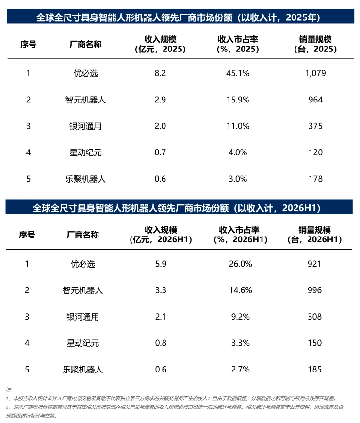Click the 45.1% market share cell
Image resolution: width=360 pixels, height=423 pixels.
pos(238,73)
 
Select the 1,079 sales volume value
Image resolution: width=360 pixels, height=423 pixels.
pos(315,73)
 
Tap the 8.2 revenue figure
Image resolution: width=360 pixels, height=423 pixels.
pos(160,73)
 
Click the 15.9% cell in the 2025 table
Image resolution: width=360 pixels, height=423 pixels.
pos(238,100)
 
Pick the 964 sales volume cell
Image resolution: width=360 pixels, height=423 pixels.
pos(315,100)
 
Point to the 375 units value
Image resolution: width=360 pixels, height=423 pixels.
pos(315,126)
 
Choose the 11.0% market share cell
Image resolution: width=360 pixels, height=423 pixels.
pos(238,126)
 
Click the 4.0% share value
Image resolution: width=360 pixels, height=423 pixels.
pos(238,152)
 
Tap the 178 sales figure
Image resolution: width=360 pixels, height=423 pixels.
pos(315,179)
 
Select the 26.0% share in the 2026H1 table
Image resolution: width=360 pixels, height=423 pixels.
pos(240,264)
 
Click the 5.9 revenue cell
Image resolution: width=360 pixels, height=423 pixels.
pos(161,264)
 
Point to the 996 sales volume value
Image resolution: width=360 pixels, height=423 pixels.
pos(314,290)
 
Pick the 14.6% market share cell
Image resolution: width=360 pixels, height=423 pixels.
pos(240,290)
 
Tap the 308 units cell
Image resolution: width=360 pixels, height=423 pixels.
pos(314,317)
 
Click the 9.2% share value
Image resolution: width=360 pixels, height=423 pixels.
pos(240,317)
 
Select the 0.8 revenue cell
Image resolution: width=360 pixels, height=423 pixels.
pos(161,343)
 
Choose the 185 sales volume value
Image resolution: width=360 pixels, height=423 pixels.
pos(314,369)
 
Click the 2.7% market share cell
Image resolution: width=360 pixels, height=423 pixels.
pos(240,369)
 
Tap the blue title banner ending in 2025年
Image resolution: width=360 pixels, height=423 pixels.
pos(180,17)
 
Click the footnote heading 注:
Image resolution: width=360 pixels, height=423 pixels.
pos(9,389)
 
